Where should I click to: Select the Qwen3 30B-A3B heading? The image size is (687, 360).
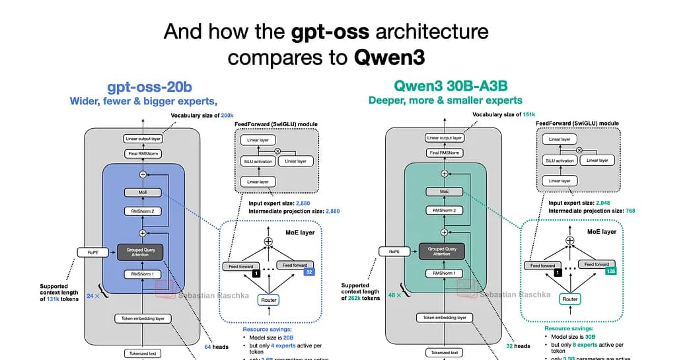coord(445,87)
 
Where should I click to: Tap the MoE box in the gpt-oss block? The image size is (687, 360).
coord(142,192)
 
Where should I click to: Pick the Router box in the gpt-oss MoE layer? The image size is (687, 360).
coord(268,299)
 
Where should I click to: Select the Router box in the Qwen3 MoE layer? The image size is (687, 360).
coord(570,299)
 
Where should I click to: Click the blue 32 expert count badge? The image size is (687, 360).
coord(307,271)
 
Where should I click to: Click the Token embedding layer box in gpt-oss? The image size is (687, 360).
coord(142,318)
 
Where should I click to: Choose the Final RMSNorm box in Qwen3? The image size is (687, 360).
coord(444,153)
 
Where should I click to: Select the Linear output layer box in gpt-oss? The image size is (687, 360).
coord(142,139)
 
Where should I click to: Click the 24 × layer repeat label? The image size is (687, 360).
coord(92,296)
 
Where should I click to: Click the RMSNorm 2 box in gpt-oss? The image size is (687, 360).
coord(142,211)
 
